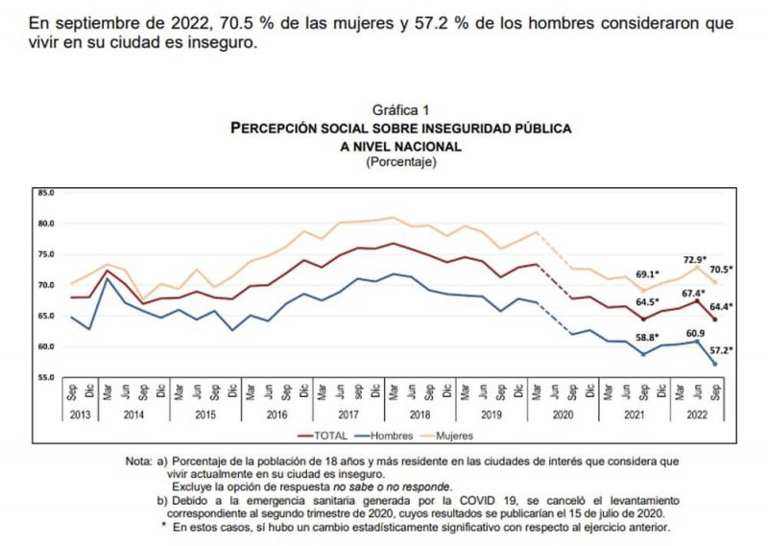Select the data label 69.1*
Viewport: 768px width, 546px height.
tap(645, 275)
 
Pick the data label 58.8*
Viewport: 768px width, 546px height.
tap(645, 339)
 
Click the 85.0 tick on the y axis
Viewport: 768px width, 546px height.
tap(45, 193)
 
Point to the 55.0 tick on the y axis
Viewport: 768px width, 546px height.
tap(45, 378)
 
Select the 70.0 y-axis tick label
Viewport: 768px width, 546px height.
tap(45, 286)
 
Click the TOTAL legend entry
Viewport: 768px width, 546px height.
tap(332, 435)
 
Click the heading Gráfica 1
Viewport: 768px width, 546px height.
tap(400, 110)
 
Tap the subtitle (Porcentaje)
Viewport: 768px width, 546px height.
tap(400, 162)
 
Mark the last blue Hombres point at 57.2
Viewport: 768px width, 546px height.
tap(715, 364)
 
